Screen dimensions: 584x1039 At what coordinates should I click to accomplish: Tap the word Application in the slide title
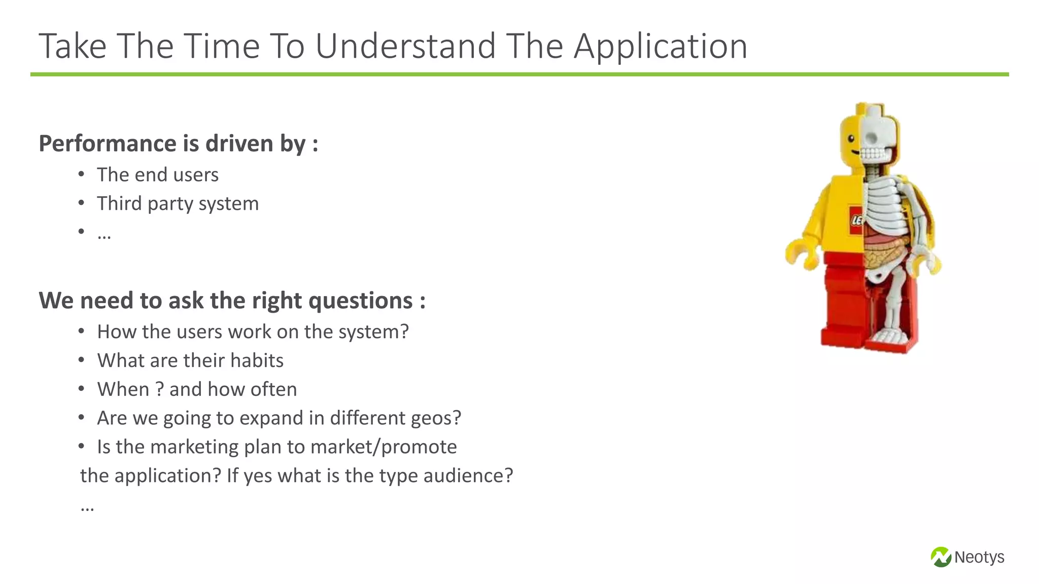point(660,47)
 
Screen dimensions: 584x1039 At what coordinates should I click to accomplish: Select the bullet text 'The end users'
point(157,175)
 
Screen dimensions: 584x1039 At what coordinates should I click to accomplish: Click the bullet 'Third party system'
point(178,204)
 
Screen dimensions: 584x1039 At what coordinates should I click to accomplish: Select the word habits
point(257,360)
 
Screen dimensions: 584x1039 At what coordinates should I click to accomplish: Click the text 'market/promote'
point(383,447)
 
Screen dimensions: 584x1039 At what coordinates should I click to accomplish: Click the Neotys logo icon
point(941,557)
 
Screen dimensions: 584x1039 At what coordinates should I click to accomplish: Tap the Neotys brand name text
point(979,557)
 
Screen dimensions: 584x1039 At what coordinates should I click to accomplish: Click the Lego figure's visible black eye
point(852,139)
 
